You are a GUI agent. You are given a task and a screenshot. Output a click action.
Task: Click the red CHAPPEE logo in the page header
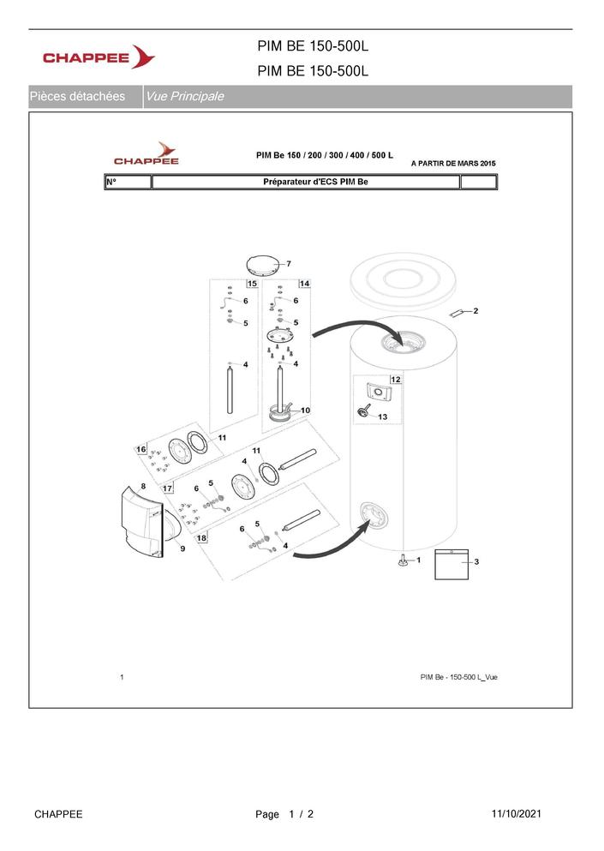coord(99,57)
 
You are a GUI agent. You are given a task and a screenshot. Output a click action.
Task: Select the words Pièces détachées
coord(77,97)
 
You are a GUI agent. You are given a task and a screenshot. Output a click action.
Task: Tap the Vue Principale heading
coord(184,97)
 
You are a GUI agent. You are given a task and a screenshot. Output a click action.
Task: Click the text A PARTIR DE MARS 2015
coord(453,164)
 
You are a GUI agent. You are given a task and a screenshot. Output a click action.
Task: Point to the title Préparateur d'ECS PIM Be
coord(315,182)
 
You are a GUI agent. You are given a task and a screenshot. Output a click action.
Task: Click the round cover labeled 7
coord(263,266)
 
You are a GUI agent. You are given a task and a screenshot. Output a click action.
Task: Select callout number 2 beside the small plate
coord(476,311)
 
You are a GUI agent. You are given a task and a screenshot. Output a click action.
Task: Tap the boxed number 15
coord(253,284)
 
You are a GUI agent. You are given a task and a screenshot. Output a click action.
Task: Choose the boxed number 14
coord(304,284)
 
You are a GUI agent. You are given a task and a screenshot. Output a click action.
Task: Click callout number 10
coord(306,411)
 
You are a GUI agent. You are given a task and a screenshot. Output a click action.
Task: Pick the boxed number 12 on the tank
coord(396,380)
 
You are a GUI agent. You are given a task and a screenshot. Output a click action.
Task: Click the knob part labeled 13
coord(363,411)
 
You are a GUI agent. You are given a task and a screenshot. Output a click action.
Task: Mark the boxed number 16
coord(141,449)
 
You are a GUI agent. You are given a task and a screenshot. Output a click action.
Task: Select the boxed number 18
coord(201,538)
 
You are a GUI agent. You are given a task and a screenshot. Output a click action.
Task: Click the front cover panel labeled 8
coord(141,523)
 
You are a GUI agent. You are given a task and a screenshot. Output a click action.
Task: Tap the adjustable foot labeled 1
coord(404,560)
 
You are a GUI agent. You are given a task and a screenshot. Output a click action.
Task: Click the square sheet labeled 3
coord(452,565)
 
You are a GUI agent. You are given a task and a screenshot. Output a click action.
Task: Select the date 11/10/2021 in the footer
coord(516,813)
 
